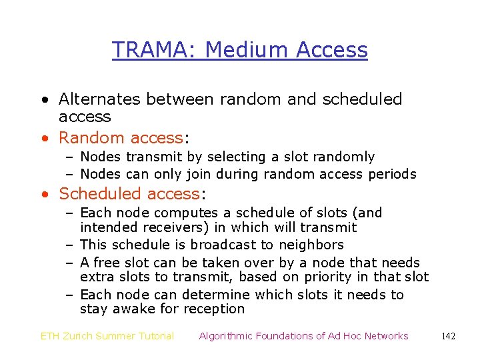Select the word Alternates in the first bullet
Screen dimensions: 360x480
coord(100,99)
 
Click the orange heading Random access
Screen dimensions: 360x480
coord(121,138)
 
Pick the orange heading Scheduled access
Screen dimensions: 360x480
coord(129,194)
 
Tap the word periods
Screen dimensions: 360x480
coord(392,175)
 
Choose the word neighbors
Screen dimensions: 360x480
coord(313,245)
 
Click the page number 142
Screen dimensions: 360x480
coord(448,336)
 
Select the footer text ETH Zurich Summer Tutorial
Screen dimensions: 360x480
coord(107,336)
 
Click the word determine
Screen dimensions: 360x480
coord(225,295)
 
